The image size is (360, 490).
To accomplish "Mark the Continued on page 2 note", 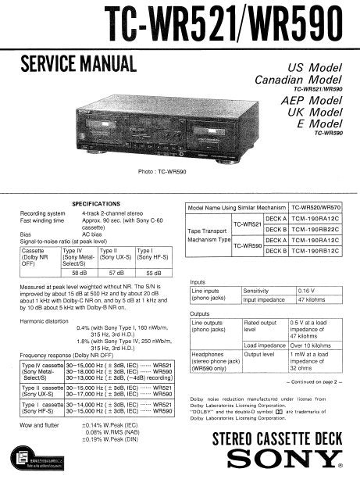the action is tap(309, 381).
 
